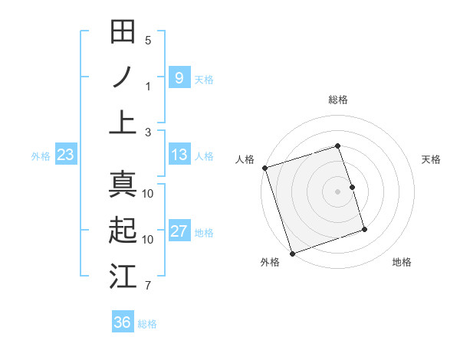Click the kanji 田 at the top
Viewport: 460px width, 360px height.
click(123, 32)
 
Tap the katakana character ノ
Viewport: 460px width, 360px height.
click(123, 77)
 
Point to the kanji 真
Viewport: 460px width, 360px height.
click(123, 185)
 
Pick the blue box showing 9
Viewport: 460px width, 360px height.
click(179, 77)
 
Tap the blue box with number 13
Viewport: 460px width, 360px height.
click(179, 155)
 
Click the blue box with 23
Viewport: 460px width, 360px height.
click(66, 155)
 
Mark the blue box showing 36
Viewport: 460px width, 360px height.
click(123, 322)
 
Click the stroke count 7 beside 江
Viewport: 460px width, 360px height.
click(148, 286)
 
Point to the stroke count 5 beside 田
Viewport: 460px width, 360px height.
click(148, 41)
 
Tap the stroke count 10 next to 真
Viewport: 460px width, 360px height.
click(148, 193)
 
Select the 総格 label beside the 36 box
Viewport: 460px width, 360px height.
click(147, 324)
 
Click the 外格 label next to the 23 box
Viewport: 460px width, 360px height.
click(41, 156)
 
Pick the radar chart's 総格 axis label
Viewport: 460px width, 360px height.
click(338, 100)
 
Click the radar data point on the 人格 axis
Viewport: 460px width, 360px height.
click(264, 168)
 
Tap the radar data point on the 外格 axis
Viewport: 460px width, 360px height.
click(292, 253)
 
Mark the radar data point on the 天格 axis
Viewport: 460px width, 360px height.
click(353, 187)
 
